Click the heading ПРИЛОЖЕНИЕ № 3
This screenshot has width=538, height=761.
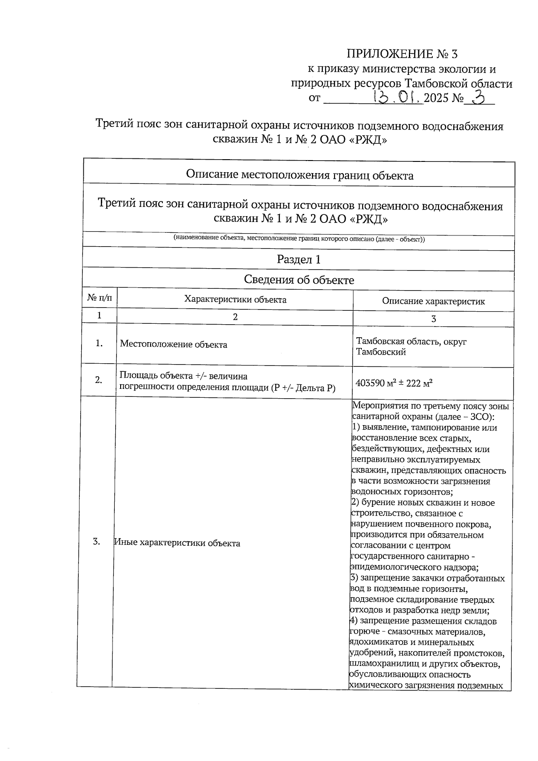pyautogui.click(x=402, y=54)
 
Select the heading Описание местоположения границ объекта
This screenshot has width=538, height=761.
pyautogui.click(x=299, y=175)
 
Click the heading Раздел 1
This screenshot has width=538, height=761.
pyautogui.click(x=299, y=260)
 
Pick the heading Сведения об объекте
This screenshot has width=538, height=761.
pyautogui.click(x=299, y=280)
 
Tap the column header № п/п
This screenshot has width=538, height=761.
pyautogui.click(x=100, y=298)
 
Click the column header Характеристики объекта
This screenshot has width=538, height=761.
pyautogui.click(x=235, y=300)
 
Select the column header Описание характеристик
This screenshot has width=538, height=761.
pyautogui.click(x=433, y=301)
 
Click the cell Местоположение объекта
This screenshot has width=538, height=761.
pyautogui.click(x=174, y=345)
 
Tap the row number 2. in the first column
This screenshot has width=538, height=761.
pyautogui.click(x=99, y=380)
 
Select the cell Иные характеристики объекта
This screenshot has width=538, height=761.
pyautogui.click(x=177, y=544)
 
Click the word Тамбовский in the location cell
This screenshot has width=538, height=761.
pyautogui.click(x=381, y=352)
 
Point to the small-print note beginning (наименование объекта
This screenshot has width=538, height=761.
pyautogui.click(x=299, y=239)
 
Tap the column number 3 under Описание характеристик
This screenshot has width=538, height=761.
pyautogui.click(x=433, y=319)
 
